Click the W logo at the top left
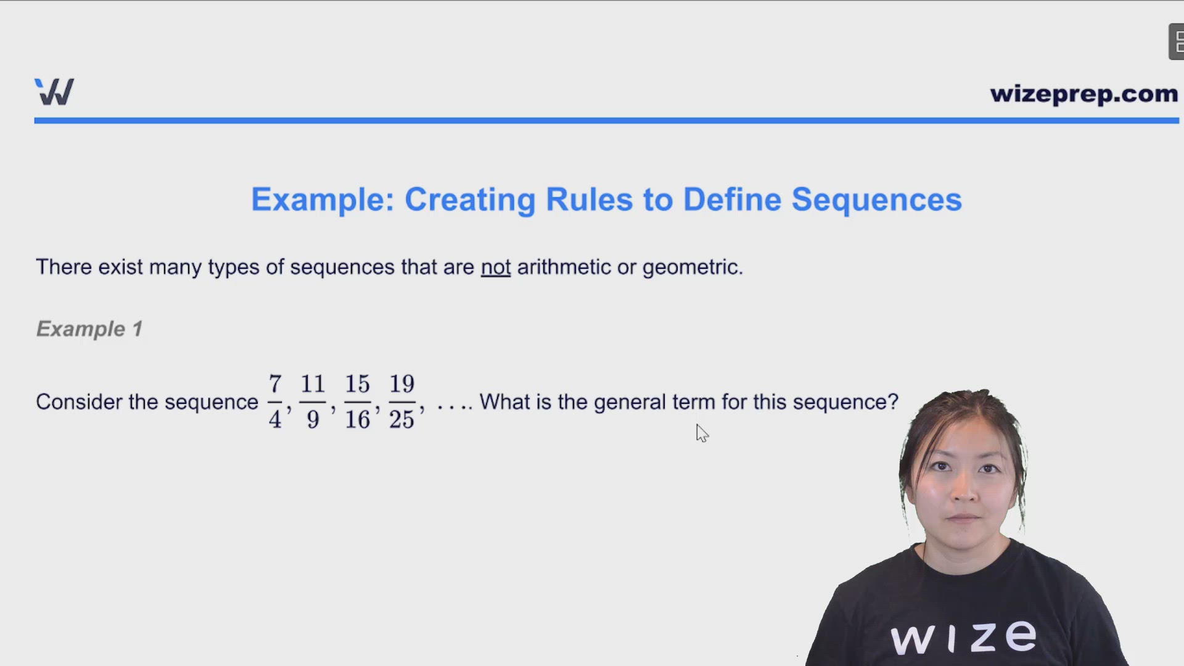(x=54, y=92)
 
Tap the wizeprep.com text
(x=1083, y=94)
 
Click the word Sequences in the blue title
(x=876, y=200)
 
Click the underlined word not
(x=495, y=267)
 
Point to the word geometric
(x=691, y=267)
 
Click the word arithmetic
(x=564, y=267)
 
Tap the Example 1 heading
(x=89, y=329)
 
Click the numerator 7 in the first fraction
(x=275, y=384)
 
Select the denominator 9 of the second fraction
(x=313, y=420)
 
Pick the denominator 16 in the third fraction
(x=357, y=420)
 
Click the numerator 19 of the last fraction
(x=401, y=384)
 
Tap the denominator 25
(x=401, y=420)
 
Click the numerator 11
(x=313, y=384)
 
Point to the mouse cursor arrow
(x=702, y=433)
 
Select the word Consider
(x=79, y=402)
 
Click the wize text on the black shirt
(x=963, y=637)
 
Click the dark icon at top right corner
(x=1176, y=42)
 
